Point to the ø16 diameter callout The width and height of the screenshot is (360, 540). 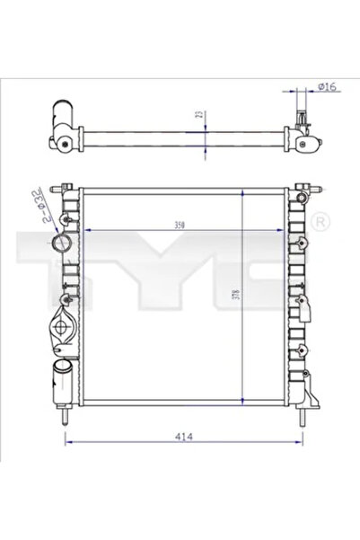326,87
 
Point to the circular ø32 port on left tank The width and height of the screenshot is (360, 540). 61,244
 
